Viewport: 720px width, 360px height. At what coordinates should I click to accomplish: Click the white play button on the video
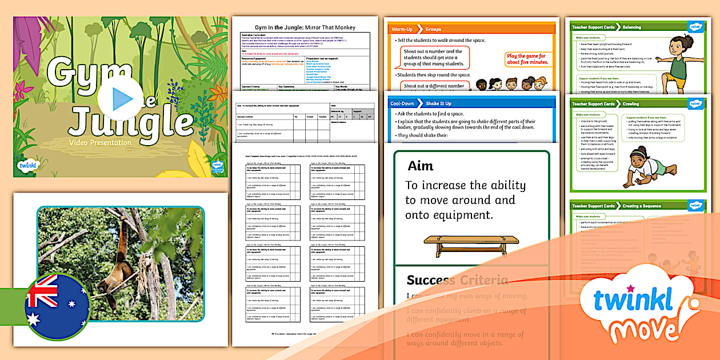click(x=120, y=98)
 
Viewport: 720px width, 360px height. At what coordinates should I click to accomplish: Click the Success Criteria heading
click(x=457, y=280)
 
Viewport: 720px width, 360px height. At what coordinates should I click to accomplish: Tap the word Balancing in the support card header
click(x=632, y=27)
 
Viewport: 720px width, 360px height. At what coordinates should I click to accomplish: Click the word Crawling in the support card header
click(x=631, y=104)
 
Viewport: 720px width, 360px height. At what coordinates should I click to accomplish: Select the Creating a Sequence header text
click(x=642, y=206)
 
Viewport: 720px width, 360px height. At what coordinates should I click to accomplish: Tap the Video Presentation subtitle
click(x=101, y=143)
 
